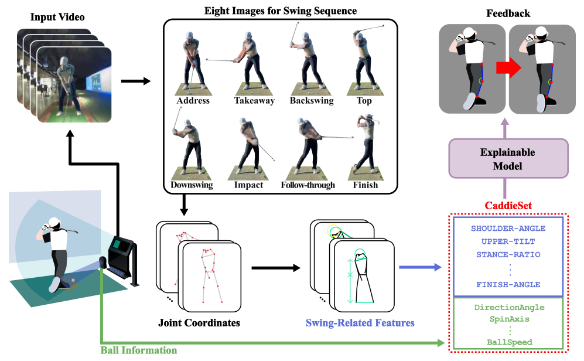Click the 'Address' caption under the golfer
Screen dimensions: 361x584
tap(193, 101)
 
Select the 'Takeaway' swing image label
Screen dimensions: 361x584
tap(254, 101)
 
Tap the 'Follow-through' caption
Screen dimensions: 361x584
tap(308, 185)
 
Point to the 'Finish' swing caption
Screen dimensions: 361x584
tap(365, 185)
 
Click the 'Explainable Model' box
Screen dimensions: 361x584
tap(508, 158)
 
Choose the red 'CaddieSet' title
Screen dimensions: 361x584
tap(508, 206)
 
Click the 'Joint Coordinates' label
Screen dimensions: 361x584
tap(199, 322)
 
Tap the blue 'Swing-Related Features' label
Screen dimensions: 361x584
tap(360, 322)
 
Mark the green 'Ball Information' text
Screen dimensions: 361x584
tap(139, 350)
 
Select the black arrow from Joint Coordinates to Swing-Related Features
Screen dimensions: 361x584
tap(275, 268)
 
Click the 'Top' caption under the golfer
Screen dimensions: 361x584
tap(363, 101)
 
